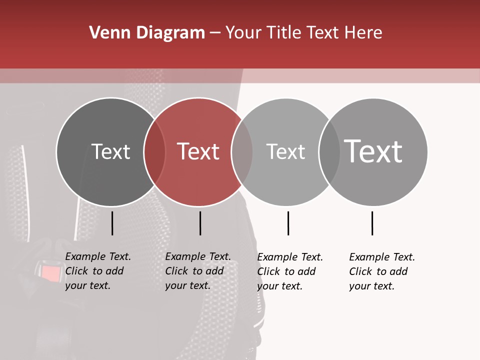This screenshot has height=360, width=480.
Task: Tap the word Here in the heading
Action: (363, 33)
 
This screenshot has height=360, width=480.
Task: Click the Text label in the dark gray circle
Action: (110, 151)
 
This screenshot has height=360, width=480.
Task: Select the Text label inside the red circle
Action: (198, 151)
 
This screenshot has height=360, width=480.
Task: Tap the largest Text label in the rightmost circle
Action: (373, 151)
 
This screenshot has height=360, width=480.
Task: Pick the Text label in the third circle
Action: (285, 151)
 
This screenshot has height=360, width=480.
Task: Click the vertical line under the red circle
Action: (200, 223)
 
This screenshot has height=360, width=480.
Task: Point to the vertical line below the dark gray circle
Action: (112, 223)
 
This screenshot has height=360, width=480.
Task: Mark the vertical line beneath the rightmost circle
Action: (372, 223)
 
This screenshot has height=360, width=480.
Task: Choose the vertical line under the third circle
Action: (288, 223)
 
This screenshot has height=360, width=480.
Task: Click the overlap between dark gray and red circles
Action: (154, 152)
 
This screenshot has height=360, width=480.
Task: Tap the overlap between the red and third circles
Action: (242, 152)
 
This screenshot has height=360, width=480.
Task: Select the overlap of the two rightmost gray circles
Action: (329, 152)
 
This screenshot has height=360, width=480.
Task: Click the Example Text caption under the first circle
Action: (97, 271)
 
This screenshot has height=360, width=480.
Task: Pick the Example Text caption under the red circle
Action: (197, 271)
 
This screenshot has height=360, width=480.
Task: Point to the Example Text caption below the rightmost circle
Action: (381, 271)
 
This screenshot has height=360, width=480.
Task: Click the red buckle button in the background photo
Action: (49, 273)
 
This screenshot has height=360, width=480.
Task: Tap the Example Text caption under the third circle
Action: (289, 271)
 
